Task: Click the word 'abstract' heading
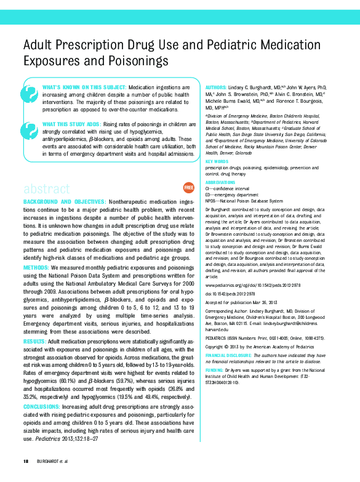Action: coord(46,188)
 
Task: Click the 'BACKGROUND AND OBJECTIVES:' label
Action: coord(64,202)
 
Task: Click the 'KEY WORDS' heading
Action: coord(217,161)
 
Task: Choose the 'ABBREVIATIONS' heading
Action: coord(220,183)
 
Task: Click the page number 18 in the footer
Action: coord(26,461)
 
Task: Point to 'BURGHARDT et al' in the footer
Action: coord(52,461)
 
